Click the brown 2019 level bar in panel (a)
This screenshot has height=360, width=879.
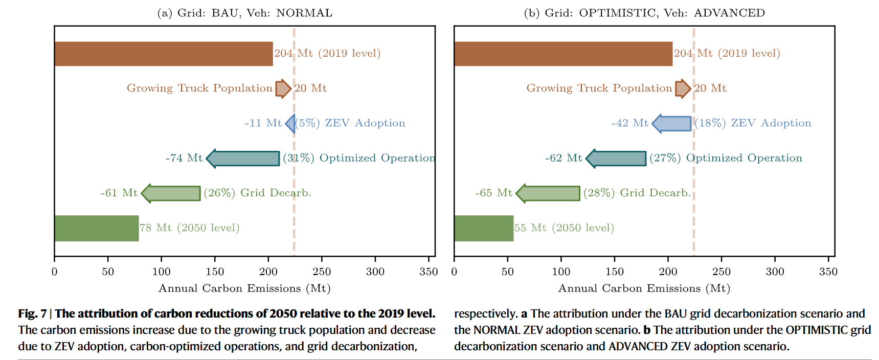pyautogui.click(x=164, y=54)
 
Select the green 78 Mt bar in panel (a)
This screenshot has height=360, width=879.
pyautogui.click(x=97, y=228)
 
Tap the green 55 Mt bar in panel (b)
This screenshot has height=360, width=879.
pyautogui.click(x=484, y=228)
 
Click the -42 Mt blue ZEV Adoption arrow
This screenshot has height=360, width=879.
pyautogui.click(x=672, y=123)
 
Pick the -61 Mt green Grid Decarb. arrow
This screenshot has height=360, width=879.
pyautogui.click(x=171, y=193)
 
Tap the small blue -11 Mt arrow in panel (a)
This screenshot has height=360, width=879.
pyautogui.click(x=290, y=123)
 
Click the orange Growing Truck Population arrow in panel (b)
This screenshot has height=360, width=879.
pyautogui.click(x=683, y=88)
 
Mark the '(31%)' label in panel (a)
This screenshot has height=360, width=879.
pyautogui.click(x=299, y=158)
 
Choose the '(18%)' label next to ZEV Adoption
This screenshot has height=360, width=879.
pyautogui.click(x=710, y=123)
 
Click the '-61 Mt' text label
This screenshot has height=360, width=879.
pyautogui.click(x=119, y=193)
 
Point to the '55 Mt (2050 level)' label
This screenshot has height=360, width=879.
pyautogui.click(x=564, y=228)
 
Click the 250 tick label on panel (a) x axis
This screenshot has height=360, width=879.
pyautogui.click(x=322, y=272)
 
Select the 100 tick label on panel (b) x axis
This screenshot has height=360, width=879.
pyautogui.click(x=561, y=272)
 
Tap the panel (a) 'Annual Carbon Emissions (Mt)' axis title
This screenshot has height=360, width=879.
pyautogui.click(x=244, y=288)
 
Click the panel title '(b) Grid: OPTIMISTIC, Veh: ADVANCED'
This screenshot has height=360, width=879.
pyautogui.click(x=644, y=13)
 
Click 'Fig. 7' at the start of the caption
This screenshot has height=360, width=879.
pyautogui.click(x=32, y=313)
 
